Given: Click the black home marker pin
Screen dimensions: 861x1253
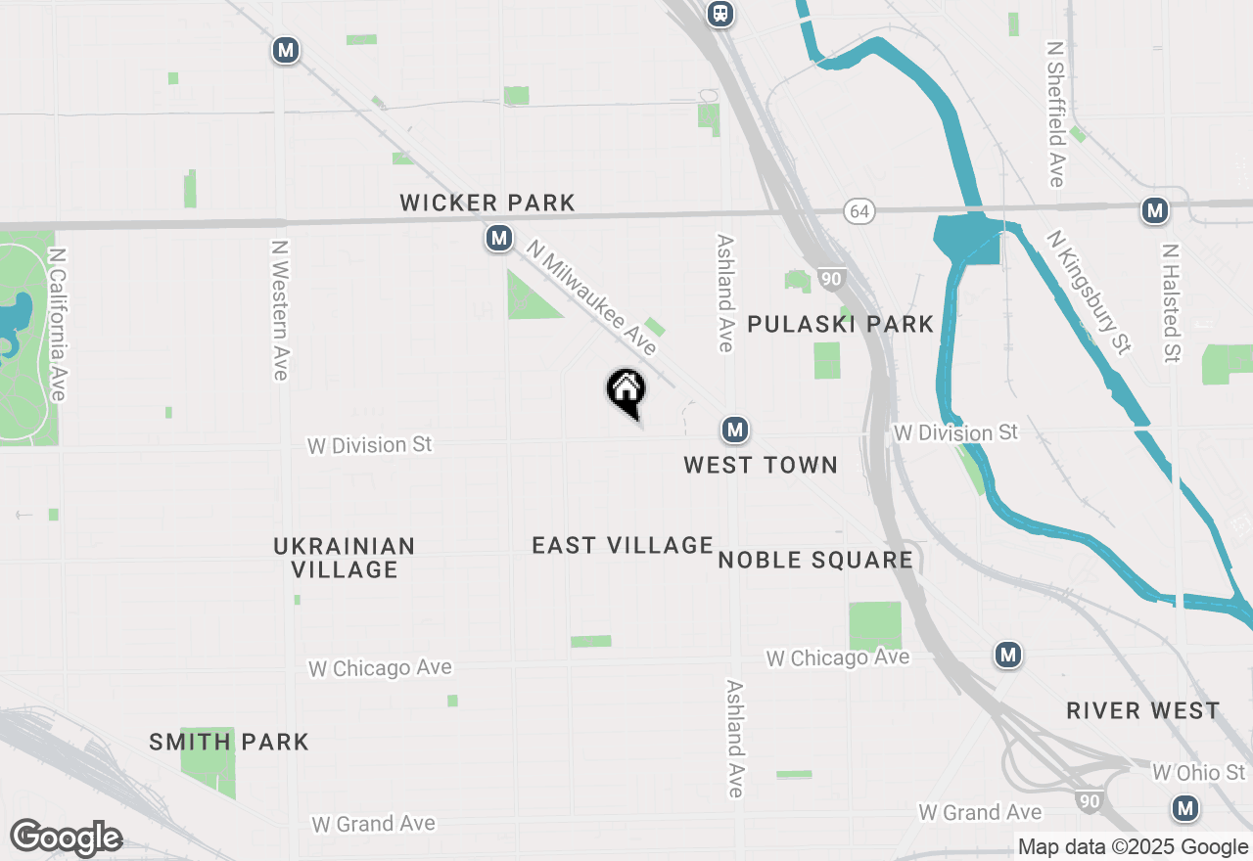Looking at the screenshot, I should [626, 391].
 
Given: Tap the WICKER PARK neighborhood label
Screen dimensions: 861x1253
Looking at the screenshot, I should [487, 204].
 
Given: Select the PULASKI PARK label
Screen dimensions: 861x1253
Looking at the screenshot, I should [840, 325].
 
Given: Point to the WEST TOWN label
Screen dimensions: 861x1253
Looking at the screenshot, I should [761, 465].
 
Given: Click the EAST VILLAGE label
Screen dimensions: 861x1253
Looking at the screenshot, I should [623, 546].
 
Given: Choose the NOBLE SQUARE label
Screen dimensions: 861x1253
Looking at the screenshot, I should [815, 560].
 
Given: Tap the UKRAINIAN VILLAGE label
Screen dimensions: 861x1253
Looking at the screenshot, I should [344, 558].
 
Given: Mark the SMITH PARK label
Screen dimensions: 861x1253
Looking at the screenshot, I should [229, 743].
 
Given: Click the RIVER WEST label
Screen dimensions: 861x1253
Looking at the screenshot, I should [1143, 710].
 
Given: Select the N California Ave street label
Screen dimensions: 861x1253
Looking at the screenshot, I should [58, 323].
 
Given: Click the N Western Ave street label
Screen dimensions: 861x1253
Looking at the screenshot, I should [280, 310].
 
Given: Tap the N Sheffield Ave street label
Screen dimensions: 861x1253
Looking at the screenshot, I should [1055, 113].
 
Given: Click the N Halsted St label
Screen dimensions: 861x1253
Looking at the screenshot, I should [1170, 302].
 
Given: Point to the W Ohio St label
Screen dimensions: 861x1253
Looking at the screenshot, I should [1198, 773].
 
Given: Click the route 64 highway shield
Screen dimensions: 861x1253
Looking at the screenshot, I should [859, 211].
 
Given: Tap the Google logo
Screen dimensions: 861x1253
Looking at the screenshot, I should [66, 838].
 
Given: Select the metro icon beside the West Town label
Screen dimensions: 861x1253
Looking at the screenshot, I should [735, 430].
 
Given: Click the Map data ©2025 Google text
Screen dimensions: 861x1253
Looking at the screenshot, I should [1133, 847].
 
